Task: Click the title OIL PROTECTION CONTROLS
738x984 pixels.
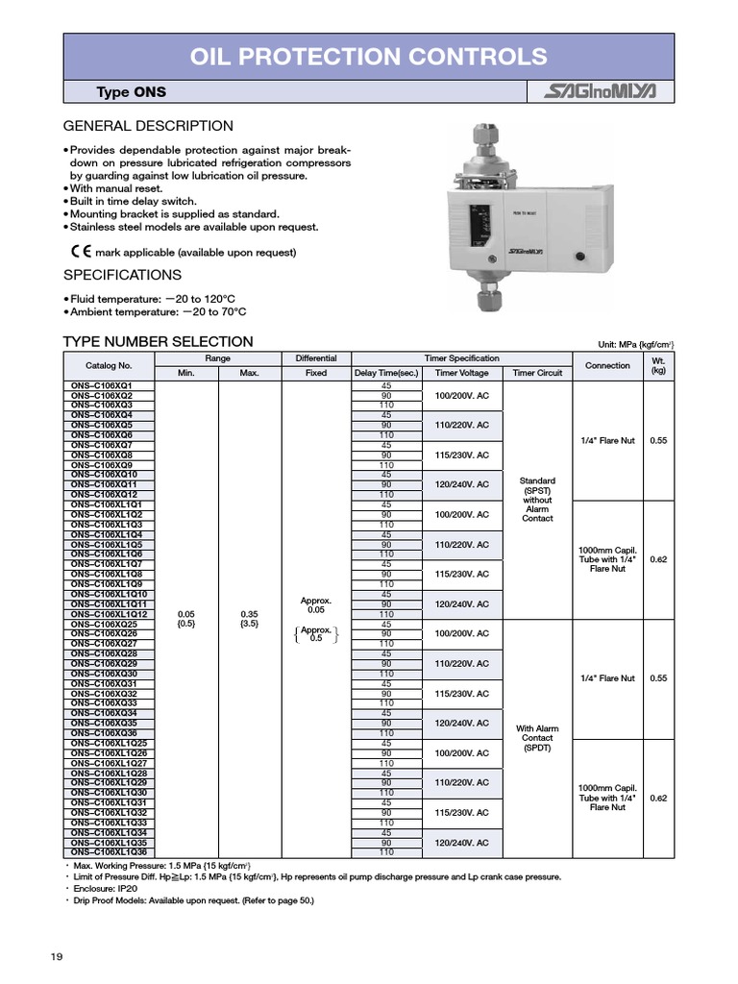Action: [369, 57]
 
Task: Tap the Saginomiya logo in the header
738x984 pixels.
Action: [601, 92]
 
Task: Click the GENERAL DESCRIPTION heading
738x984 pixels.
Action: [148, 126]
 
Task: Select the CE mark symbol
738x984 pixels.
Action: [81, 252]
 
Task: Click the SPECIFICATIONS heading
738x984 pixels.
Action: [122, 275]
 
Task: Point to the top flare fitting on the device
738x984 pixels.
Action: [491, 144]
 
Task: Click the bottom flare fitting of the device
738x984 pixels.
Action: [491, 301]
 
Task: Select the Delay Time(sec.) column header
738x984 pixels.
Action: [386, 373]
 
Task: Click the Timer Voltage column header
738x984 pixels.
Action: [462, 373]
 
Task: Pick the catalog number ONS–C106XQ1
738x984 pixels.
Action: [102, 385]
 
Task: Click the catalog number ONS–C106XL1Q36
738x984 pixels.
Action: [110, 852]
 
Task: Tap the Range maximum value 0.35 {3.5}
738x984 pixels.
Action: [249, 618]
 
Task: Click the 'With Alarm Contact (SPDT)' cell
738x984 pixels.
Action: [537, 738]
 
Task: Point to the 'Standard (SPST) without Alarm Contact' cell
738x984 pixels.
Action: [537, 500]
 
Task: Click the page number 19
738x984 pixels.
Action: [57, 956]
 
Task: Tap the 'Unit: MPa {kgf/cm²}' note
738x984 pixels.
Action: [636, 344]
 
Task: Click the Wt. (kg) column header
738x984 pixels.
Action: [658, 366]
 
